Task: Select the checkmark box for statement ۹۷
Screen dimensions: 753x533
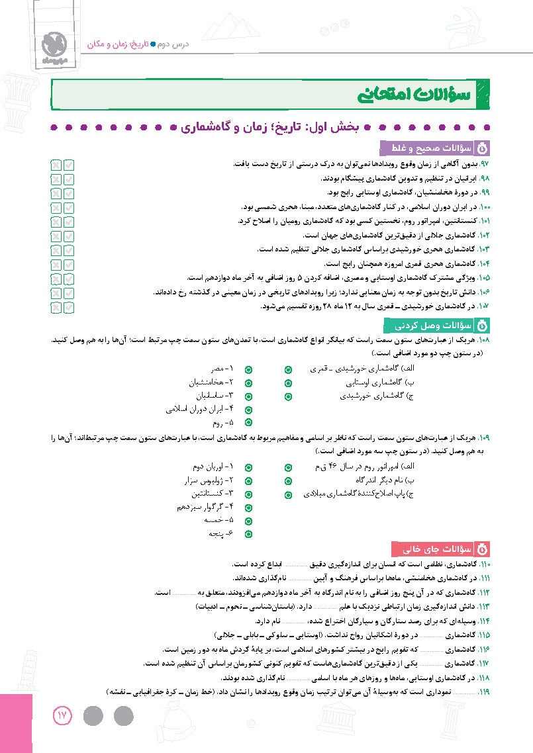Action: pos(70,163)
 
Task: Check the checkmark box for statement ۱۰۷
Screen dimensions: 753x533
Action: pos(70,306)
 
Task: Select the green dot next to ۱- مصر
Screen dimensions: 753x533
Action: pos(248,369)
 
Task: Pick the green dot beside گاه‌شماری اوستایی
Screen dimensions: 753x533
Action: pos(288,382)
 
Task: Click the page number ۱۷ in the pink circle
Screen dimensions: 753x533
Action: pos(62,715)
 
